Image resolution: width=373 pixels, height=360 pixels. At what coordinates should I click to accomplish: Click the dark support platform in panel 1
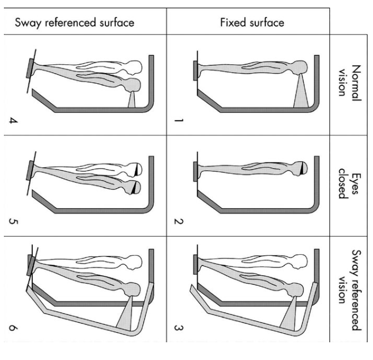coord(195,69)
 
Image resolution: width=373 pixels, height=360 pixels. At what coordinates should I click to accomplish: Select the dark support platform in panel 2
coord(195,169)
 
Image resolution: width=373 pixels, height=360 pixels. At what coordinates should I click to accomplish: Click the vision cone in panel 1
coord(300,94)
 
